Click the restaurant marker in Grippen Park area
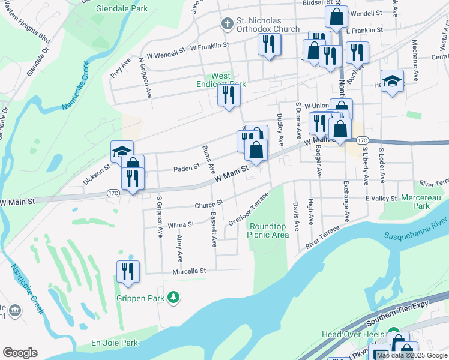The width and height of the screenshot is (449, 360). (x=128, y=271)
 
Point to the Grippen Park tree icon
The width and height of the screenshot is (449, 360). (x=173, y=297)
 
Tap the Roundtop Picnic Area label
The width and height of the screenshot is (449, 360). (x=268, y=230)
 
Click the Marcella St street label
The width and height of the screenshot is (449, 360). (x=189, y=271)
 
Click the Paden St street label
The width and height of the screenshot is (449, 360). (x=186, y=169)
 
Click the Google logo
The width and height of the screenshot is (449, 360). (x=20, y=352)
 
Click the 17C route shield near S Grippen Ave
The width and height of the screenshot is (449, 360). (x=113, y=193)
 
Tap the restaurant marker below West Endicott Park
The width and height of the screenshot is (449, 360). (x=229, y=95)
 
